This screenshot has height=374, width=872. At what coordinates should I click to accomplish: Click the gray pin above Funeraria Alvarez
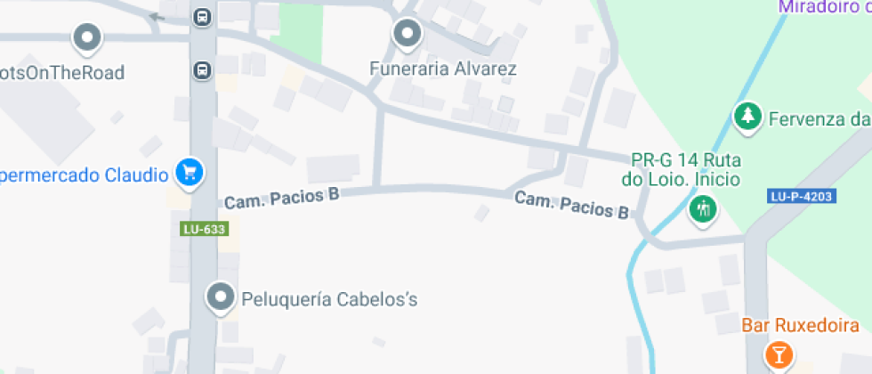pyautogui.click(x=408, y=34)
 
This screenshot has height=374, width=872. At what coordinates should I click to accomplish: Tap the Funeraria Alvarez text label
pyautogui.click(x=443, y=69)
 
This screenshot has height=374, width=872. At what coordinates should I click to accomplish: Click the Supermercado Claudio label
pyautogui.click(x=85, y=175)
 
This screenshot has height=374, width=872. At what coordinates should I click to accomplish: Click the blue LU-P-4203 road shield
pyautogui.click(x=802, y=196)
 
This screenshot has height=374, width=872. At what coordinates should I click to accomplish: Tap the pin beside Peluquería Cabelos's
pyautogui.click(x=220, y=297)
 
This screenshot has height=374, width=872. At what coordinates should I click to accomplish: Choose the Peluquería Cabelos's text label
pyautogui.click(x=329, y=299)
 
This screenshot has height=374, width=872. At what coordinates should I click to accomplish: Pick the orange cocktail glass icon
pyautogui.click(x=779, y=354)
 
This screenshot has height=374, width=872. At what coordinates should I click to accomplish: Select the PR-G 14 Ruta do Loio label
pyautogui.click(x=685, y=169)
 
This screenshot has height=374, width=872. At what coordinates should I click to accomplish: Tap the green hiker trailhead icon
pyautogui.click(x=703, y=209)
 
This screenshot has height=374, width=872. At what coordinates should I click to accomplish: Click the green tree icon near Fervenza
pyautogui.click(x=747, y=116)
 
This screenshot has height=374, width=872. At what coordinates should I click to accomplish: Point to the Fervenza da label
pyautogui.click(x=819, y=118)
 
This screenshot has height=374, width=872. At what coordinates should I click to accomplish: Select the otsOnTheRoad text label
pyautogui.click(x=62, y=72)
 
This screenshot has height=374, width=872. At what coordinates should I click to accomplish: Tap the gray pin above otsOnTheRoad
pyautogui.click(x=87, y=37)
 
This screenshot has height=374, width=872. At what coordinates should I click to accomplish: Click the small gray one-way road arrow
pyautogui.click(x=157, y=16)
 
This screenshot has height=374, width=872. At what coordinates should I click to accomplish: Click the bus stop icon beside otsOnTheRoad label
pyautogui.click(x=203, y=69)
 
